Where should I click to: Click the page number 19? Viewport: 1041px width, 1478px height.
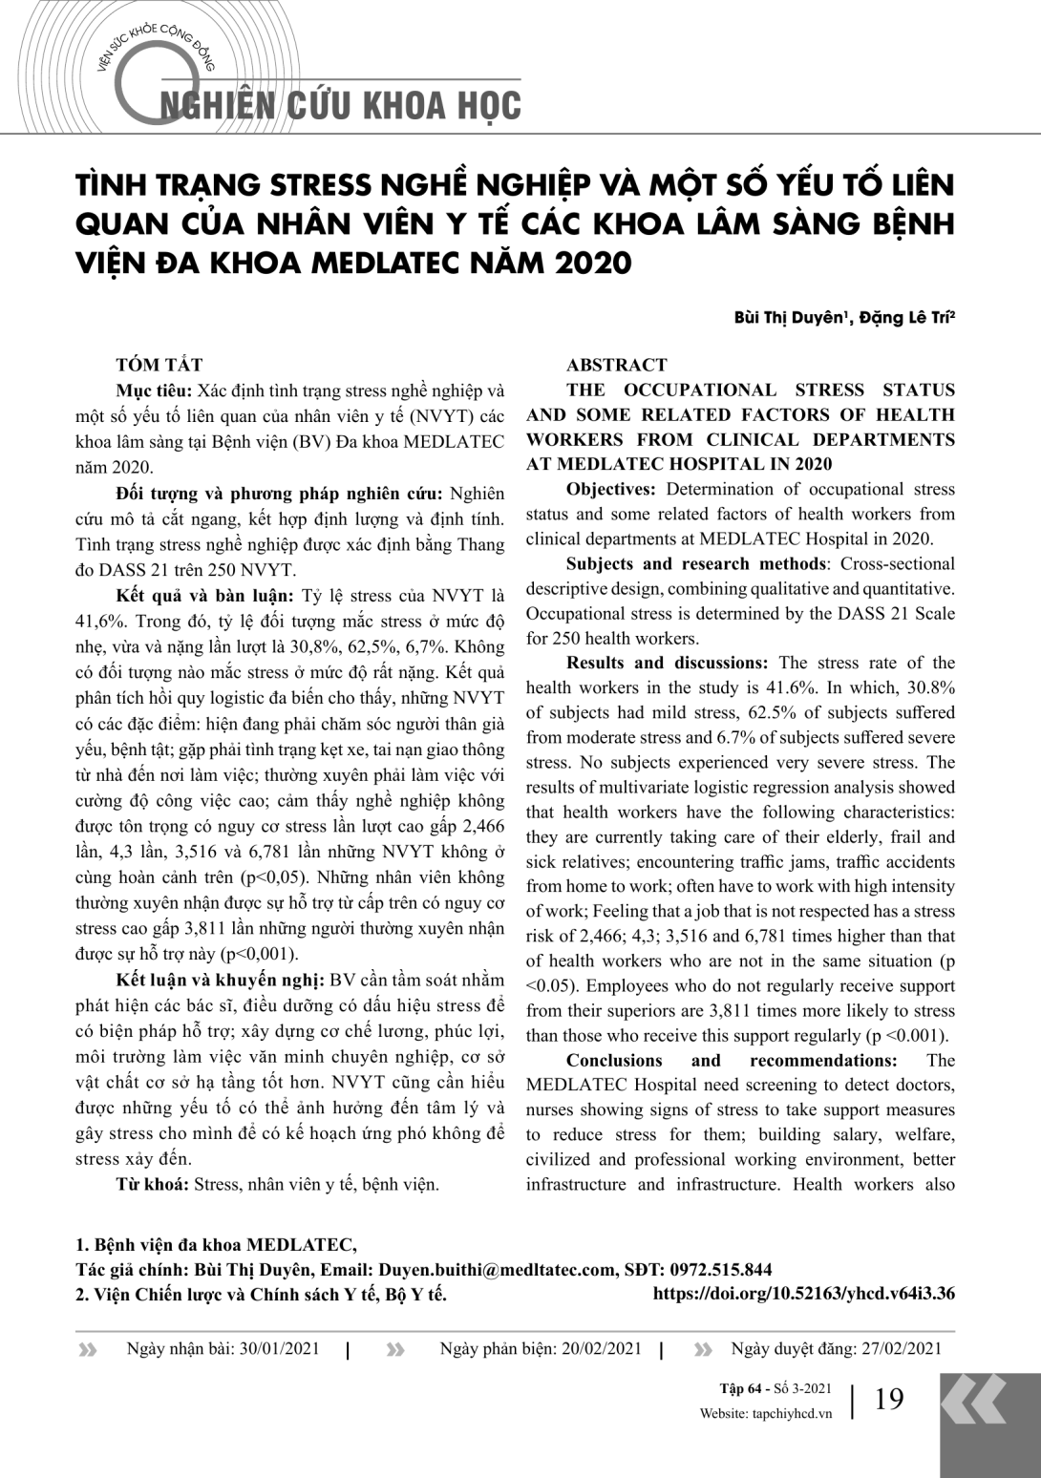888,1399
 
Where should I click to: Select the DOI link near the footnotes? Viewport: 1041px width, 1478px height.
803,1295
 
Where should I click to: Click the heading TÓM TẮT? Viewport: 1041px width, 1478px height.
159,365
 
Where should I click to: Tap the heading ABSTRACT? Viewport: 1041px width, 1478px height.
616,365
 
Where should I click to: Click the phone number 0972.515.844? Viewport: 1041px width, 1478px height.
721,1270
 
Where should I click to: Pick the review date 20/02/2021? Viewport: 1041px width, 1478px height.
602,1348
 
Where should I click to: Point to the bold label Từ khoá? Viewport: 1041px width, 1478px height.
153,1184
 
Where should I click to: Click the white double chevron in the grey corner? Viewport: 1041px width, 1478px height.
973,1401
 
